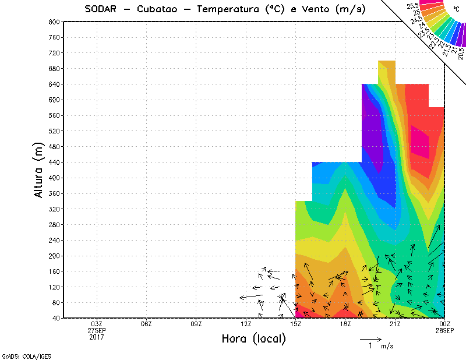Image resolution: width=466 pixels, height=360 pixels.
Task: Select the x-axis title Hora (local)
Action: pos(253,339)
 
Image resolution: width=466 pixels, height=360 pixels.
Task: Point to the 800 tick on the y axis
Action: pos(54,22)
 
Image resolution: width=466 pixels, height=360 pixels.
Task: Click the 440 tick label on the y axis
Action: pos(54,163)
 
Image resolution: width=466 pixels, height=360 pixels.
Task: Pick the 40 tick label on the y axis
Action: pos(55,319)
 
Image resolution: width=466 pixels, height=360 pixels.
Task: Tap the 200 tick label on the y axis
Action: pos(54,256)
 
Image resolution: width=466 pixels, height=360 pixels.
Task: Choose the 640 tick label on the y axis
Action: pos(54,84)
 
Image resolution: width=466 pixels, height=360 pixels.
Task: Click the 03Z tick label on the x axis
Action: pos(97,324)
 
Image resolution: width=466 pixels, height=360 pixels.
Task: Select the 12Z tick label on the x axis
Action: pos(246,324)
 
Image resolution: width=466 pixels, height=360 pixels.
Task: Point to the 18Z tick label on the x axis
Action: pos(345,324)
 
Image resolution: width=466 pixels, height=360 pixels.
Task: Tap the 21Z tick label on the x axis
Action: pos(395,324)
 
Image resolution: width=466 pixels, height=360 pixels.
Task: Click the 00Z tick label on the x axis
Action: pos(445,324)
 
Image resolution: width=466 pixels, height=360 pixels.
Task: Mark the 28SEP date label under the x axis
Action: pos(445,330)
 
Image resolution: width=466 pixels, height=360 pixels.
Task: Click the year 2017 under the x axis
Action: pos(97,337)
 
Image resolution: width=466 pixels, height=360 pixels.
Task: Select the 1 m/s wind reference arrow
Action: pos(370,338)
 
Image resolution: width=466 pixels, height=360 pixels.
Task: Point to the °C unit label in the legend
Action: pos(456,9)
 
